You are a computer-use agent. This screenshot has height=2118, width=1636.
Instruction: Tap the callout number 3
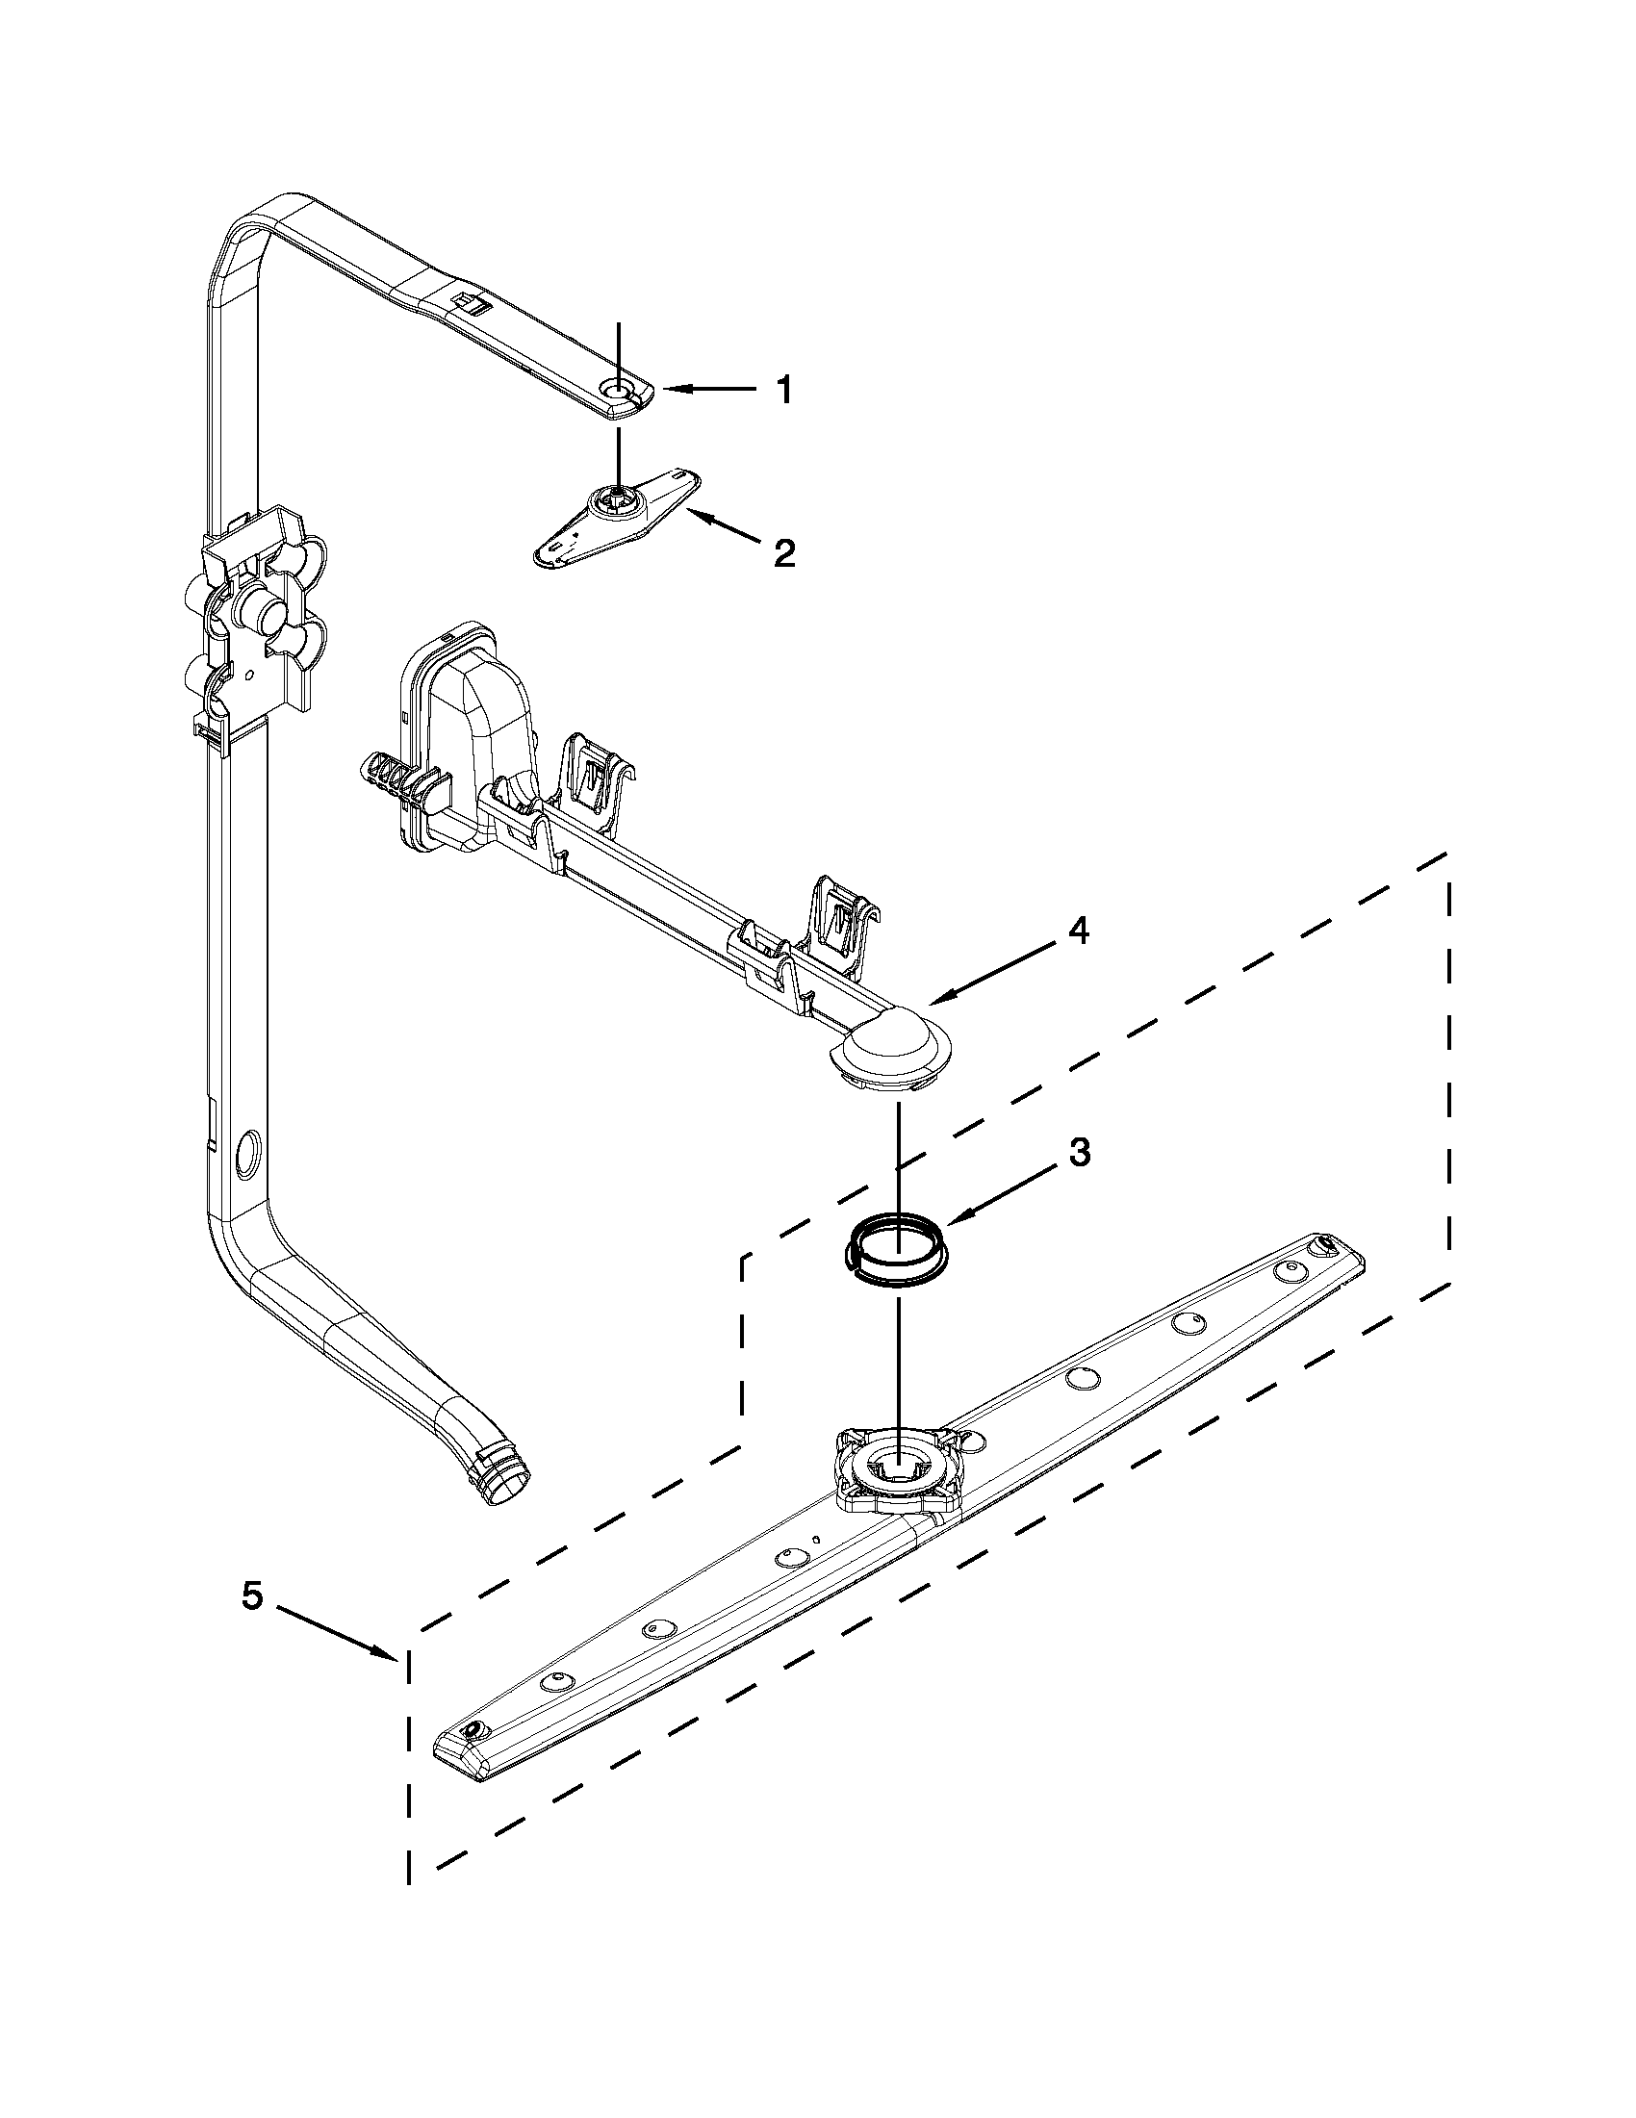[1079, 1151]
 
